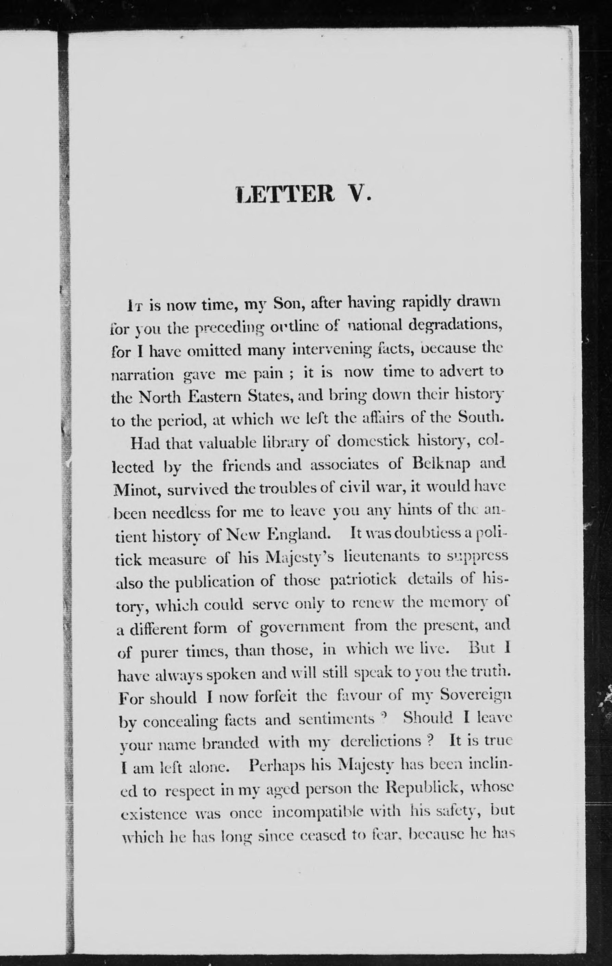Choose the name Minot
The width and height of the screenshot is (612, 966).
click(136, 488)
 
